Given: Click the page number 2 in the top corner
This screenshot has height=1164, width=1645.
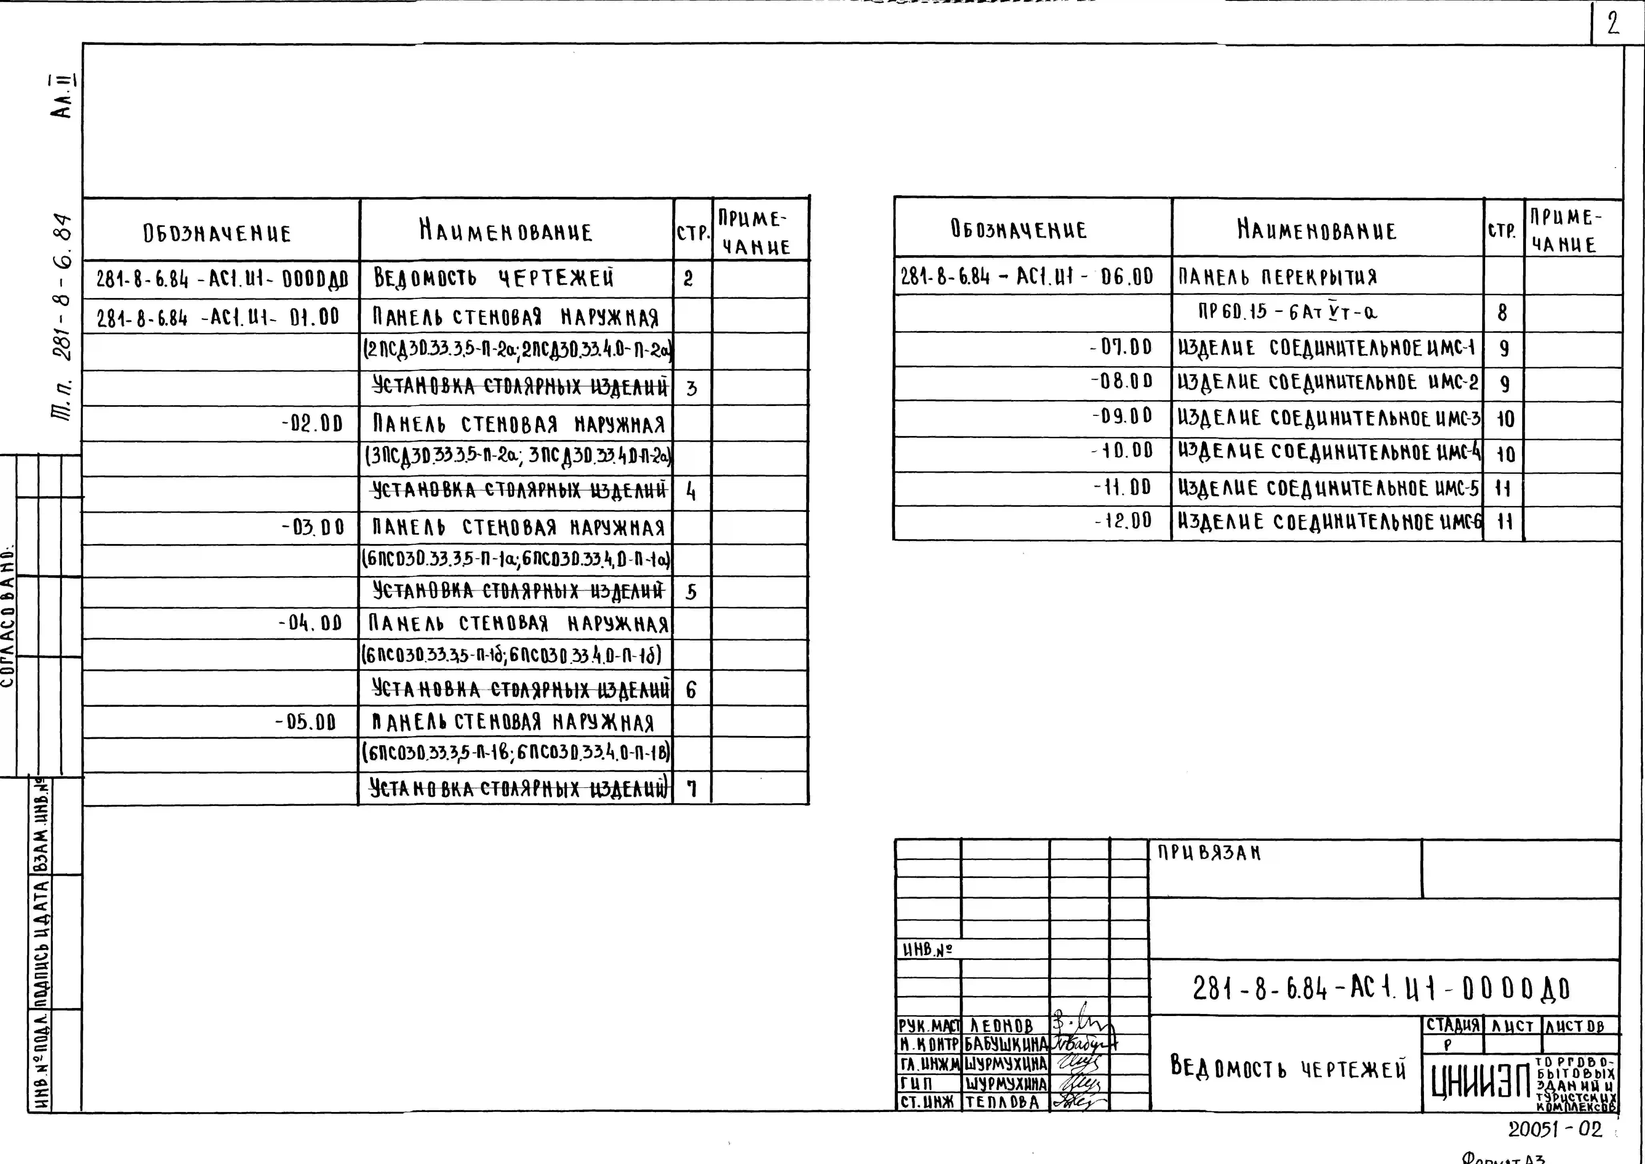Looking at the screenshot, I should (1613, 24).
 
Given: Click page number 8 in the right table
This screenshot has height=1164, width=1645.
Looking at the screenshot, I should (1502, 313).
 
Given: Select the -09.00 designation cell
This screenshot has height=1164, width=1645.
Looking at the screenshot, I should (1122, 416).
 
